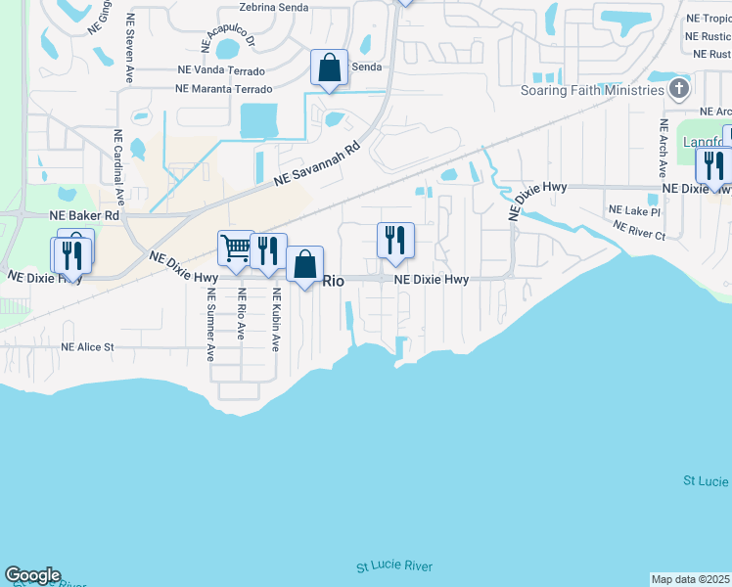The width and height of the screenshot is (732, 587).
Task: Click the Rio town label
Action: click(x=334, y=281)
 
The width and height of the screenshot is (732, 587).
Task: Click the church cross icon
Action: click(x=679, y=90)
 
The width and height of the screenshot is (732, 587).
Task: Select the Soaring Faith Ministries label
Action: click(x=593, y=91)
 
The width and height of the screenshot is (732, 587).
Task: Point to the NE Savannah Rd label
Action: click(x=317, y=164)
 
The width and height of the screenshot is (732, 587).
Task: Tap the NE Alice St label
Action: click(x=87, y=347)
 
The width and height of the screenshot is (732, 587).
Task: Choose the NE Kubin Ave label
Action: click(x=276, y=320)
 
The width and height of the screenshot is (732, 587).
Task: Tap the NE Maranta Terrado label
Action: click(x=223, y=89)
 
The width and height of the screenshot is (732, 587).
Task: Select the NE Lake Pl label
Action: click(x=634, y=210)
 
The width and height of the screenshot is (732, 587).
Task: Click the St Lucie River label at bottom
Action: click(x=393, y=566)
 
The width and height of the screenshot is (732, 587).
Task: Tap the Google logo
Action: click(x=32, y=575)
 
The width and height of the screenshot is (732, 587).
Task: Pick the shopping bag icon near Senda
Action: click(x=330, y=68)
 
